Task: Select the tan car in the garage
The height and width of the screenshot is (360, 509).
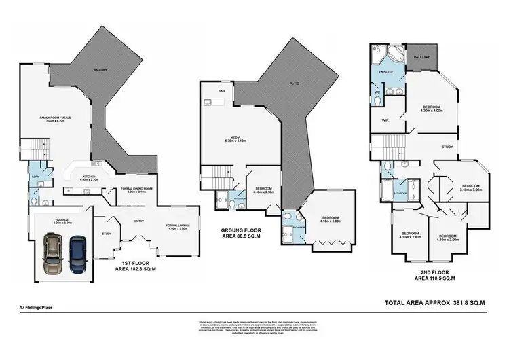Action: [51, 253]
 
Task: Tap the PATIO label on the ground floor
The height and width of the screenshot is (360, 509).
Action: [295, 84]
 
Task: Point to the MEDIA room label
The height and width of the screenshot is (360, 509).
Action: [233, 138]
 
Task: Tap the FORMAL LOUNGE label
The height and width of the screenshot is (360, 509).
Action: [178, 226]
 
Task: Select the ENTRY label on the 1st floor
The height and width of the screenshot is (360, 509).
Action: [139, 220]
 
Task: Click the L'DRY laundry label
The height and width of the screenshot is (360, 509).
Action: [34, 175]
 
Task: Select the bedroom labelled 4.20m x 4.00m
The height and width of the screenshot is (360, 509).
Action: [432, 109]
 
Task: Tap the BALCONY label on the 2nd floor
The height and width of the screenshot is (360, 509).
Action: [421, 58]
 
